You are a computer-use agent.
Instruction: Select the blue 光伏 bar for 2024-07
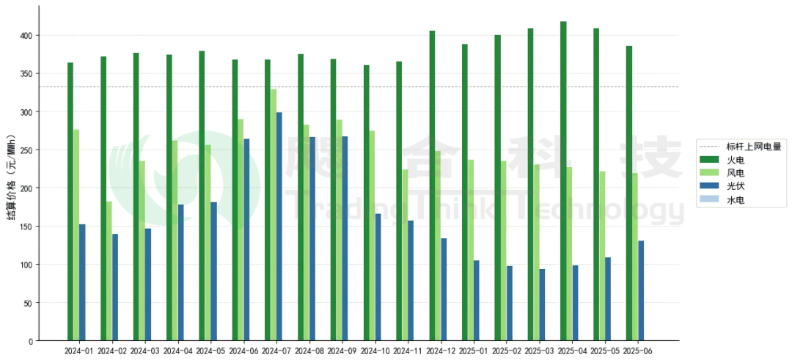point(279,227)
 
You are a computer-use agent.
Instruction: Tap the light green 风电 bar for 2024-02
point(109,271)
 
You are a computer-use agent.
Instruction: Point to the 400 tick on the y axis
point(26,35)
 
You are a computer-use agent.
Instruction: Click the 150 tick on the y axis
point(26,227)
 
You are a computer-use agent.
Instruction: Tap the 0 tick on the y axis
point(30,341)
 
